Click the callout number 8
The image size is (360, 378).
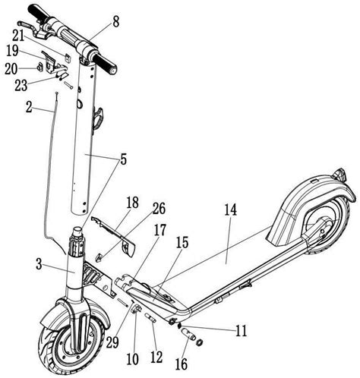115,22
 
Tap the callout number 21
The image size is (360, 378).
18,36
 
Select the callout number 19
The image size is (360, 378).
12,51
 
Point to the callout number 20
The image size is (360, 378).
11,69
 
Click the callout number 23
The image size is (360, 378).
21,86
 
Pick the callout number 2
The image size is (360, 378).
29,108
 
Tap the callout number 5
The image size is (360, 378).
123,159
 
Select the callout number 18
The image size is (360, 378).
133,203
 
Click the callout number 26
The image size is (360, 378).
159,209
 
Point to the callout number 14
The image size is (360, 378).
230,210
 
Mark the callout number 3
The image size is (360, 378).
39,264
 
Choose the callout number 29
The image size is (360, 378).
112,342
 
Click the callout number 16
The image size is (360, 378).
182,364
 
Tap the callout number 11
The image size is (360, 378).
241,331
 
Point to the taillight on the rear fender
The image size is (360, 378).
339,174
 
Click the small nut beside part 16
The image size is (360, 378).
200,342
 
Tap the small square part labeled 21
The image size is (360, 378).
68,58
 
